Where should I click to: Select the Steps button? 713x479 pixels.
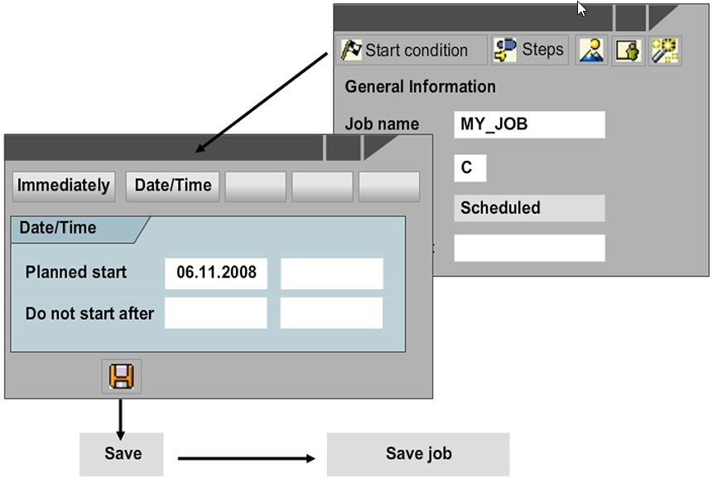tap(529, 50)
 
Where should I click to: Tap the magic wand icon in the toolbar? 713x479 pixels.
tap(665, 51)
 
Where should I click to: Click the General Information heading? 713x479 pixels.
tap(420, 86)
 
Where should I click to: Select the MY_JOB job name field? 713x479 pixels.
tap(529, 124)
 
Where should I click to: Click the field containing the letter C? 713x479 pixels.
tap(470, 168)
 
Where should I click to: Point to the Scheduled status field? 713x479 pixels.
tap(529, 208)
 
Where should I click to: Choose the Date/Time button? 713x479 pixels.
tap(173, 186)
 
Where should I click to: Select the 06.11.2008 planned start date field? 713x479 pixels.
tap(216, 273)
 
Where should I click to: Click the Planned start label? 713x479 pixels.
tap(76, 273)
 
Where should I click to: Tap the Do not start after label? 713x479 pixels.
tap(89, 313)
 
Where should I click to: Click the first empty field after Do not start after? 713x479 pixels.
tap(216, 313)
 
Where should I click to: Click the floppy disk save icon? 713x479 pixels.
tap(122, 376)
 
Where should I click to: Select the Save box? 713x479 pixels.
tap(123, 454)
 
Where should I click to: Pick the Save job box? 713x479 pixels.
tap(418, 454)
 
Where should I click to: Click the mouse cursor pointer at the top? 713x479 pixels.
tap(582, 8)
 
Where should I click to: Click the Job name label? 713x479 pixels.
tap(382, 124)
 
